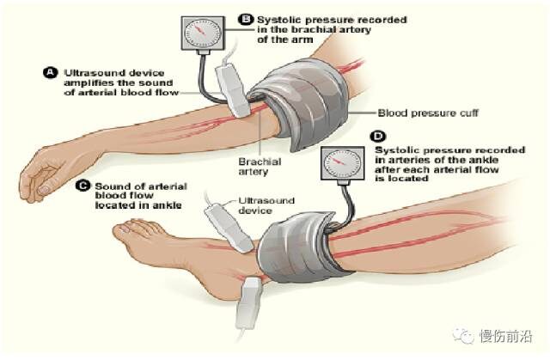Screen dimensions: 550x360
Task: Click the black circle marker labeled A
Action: (50, 72)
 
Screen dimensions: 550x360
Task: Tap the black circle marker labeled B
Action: (246, 19)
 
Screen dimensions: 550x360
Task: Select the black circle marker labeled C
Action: (83, 186)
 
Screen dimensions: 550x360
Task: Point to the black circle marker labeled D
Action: (378, 137)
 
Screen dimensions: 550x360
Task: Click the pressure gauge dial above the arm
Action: (203, 33)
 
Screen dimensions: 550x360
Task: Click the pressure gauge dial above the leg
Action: (342, 163)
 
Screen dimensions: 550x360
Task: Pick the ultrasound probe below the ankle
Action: (247, 302)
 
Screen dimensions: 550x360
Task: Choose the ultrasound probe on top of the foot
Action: (228, 229)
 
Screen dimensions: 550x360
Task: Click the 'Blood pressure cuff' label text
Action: (428, 113)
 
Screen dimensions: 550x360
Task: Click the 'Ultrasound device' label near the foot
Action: (266, 205)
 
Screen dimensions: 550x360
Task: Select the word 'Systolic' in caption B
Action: (277, 20)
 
